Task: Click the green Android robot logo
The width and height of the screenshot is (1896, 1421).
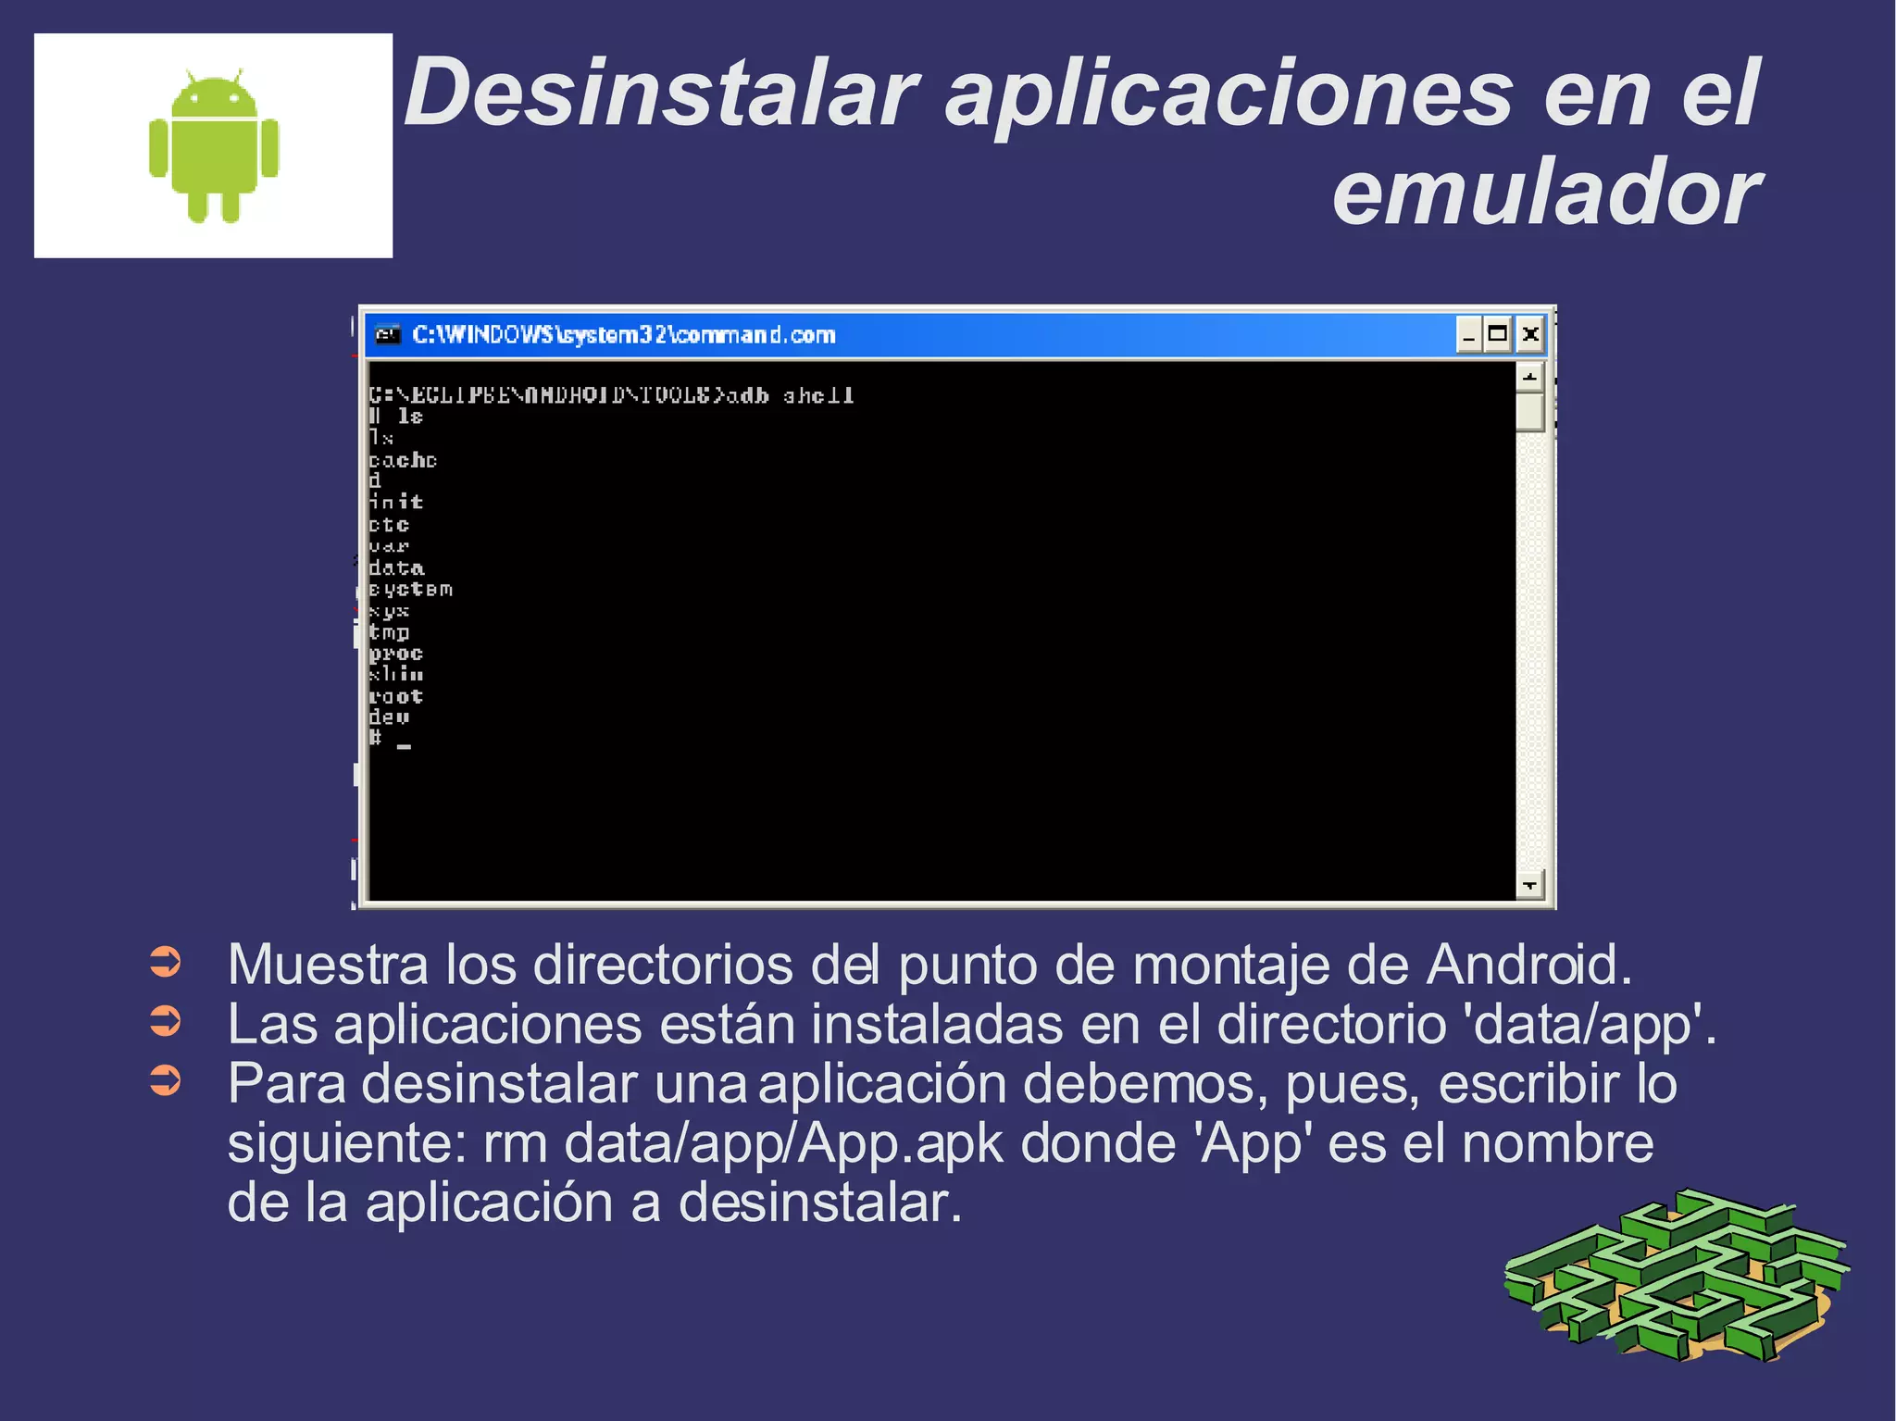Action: pos(214,146)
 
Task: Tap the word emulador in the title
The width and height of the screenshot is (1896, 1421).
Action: pos(1545,193)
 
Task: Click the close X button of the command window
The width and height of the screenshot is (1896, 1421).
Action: pos(1530,334)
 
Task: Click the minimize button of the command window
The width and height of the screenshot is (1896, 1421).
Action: pos(1468,334)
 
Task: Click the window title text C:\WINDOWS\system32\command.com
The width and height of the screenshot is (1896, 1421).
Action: pos(623,335)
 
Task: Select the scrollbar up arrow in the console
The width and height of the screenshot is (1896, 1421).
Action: pos(1529,377)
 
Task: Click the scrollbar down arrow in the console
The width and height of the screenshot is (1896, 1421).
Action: pos(1529,885)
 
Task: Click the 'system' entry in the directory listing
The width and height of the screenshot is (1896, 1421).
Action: pos(410,590)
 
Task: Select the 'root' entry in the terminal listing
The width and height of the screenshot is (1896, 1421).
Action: pos(396,696)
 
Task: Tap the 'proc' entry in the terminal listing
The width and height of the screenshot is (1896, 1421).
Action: pos(396,654)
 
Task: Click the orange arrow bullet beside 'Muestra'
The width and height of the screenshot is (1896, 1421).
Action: pos(166,963)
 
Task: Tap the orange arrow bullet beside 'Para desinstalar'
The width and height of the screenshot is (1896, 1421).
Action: pos(166,1080)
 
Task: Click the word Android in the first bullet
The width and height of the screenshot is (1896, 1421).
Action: pos(1528,965)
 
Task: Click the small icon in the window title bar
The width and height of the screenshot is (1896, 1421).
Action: pos(388,334)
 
